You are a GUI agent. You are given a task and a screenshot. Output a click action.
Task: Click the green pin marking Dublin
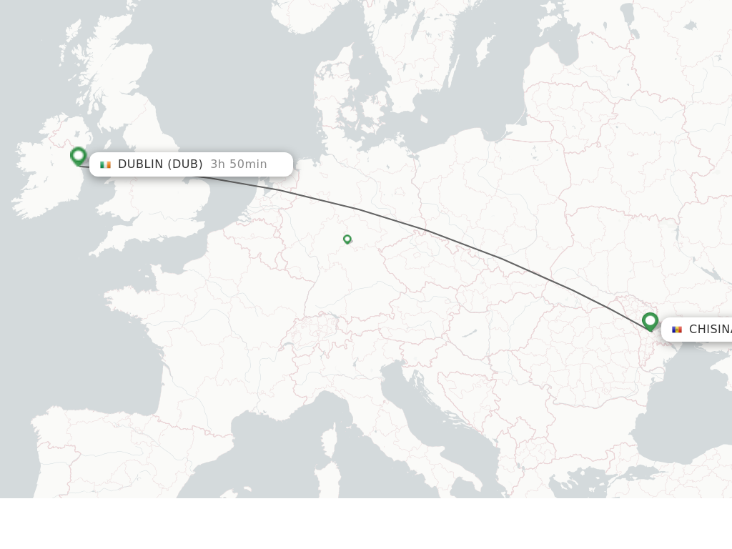(79, 156)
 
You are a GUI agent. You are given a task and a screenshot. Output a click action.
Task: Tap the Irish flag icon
(105, 164)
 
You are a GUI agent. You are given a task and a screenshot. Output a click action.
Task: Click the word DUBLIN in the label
(141, 164)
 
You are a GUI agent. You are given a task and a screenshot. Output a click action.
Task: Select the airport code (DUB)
(185, 164)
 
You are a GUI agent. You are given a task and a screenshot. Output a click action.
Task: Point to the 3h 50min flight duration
(239, 164)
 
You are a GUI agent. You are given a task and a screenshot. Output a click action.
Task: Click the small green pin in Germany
(347, 239)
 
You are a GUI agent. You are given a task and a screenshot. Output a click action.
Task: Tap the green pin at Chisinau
(650, 321)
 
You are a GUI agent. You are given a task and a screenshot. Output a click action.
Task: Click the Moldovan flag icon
(676, 330)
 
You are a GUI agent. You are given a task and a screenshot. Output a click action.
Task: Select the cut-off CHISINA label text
(710, 330)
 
